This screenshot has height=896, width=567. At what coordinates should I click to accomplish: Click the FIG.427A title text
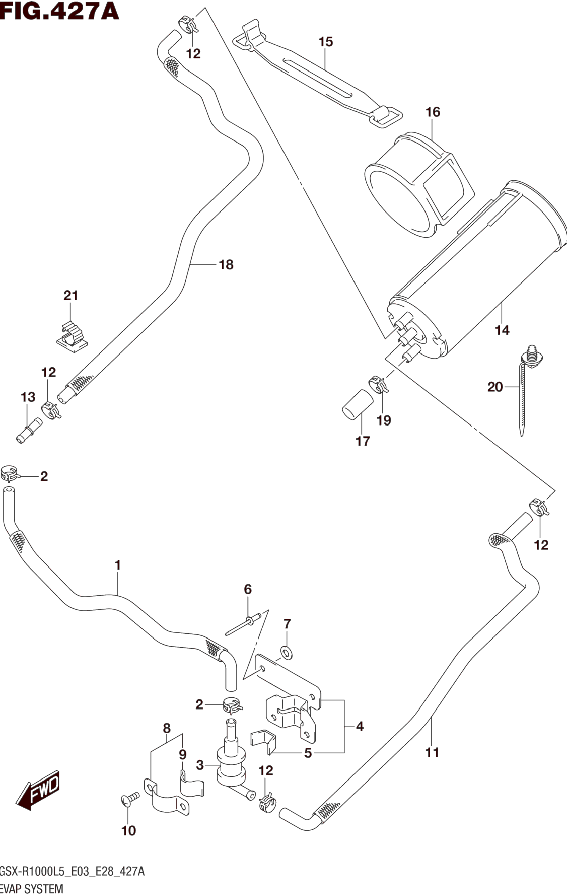point(60,11)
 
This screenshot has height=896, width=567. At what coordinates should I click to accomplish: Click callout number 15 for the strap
point(325,42)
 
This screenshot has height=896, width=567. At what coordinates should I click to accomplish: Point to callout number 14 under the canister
point(502,330)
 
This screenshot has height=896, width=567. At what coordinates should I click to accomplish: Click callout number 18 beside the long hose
point(226,265)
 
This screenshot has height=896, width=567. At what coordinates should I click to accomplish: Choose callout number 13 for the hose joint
point(28,397)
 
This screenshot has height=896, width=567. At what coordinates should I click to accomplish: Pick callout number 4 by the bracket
point(360,726)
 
